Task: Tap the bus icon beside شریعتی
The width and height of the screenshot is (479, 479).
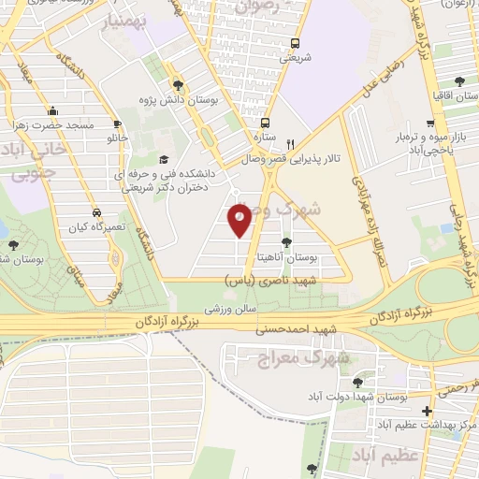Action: (295, 43)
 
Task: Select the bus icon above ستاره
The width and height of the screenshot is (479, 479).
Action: (266, 123)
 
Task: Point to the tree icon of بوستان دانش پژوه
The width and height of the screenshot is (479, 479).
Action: (177, 86)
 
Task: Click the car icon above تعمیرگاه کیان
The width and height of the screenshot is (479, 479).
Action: (97, 211)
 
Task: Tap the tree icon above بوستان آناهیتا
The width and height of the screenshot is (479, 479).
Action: (286, 241)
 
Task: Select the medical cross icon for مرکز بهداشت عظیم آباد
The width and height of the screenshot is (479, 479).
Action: (428, 411)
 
